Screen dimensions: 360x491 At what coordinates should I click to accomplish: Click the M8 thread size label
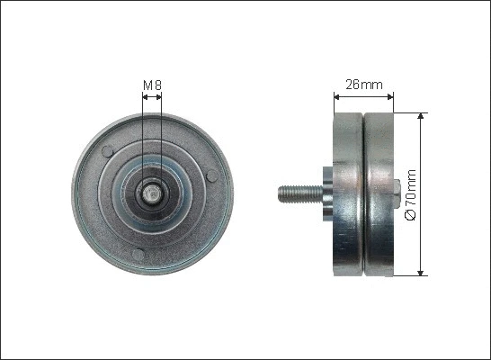tap(152, 86)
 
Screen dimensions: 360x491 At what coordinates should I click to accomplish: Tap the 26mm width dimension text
tap(364, 85)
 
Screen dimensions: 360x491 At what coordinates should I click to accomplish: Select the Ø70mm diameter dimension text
tap(412, 193)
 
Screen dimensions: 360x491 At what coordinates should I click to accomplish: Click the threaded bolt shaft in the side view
tap(296, 192)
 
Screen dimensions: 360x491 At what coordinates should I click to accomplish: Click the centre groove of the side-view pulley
tap(362, 193)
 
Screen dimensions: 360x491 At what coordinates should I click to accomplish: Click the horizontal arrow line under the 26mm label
tap(364, 95)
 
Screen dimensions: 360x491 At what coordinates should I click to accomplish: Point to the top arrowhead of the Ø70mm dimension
tap(421, 118)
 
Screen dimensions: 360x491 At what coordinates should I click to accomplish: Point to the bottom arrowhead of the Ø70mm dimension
tap(421, 271)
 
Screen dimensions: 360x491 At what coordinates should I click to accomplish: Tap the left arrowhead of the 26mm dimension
tap(336, 95)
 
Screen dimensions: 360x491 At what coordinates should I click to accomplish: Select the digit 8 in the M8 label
tap(157, 86)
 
